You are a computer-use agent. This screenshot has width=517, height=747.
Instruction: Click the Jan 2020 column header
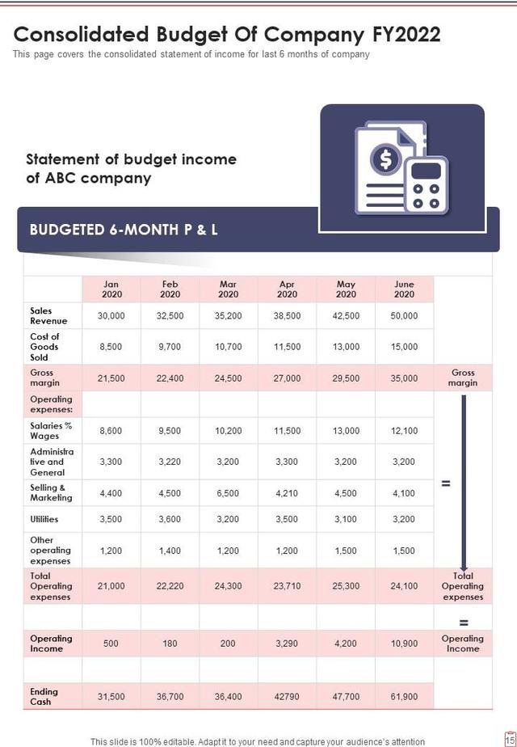111,289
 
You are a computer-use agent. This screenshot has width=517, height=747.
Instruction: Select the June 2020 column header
404,289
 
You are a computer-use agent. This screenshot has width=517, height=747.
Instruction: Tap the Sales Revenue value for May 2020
346,316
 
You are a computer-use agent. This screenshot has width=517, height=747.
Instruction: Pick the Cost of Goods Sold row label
45,347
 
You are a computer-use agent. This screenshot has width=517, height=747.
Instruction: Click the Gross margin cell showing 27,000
287,378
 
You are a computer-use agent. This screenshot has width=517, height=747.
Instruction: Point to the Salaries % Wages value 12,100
404,431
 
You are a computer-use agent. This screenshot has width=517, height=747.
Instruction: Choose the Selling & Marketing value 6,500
229,493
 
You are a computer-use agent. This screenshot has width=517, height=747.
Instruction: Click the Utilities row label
44,519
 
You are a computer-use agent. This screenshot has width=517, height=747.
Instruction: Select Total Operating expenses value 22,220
170,586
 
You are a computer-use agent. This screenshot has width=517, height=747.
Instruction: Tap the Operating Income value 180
170,644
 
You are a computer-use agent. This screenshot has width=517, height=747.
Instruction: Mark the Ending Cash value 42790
287,697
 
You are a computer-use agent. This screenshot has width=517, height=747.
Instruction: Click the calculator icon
426,185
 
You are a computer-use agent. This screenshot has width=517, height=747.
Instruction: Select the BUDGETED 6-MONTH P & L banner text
124,230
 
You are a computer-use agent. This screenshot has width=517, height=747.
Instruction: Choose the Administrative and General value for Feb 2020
170,462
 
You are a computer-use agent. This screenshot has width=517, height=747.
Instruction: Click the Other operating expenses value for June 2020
404,551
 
